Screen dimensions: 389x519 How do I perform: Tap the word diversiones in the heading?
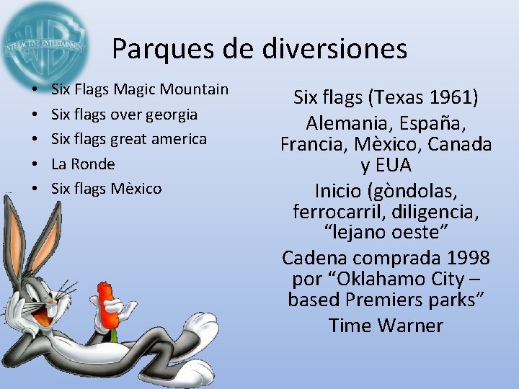coord(336,49)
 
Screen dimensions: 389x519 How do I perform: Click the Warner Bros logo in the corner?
coord(43,42)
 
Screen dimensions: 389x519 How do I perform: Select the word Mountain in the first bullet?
coord(194,89)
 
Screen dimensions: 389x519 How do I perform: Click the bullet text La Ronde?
coord(83,164)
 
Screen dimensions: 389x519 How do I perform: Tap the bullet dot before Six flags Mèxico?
coord(35,189)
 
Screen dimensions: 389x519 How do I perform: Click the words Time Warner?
coord(386,326)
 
